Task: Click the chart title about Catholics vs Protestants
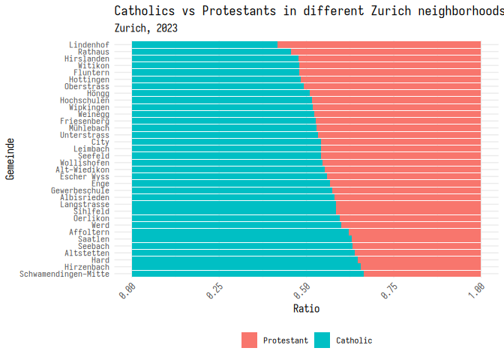click(x=307, y=10)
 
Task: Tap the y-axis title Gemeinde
click(x=10, y=158)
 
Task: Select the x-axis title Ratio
click(x=306, y=308)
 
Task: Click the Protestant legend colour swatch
click(x=249, y=340)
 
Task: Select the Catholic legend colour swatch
click(x=322, y=340)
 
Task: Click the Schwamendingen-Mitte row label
click(x=65, y=274)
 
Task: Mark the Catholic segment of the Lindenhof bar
click(x=205, y=45)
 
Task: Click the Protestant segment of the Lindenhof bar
click(x=379, y=45)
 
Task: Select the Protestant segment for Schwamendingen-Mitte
click(x=422, y=274)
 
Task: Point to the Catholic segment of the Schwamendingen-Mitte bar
click(x=248, y=274)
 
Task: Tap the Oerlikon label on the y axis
click(x=91, y=218)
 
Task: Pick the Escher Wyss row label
click(x=85, y=176)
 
